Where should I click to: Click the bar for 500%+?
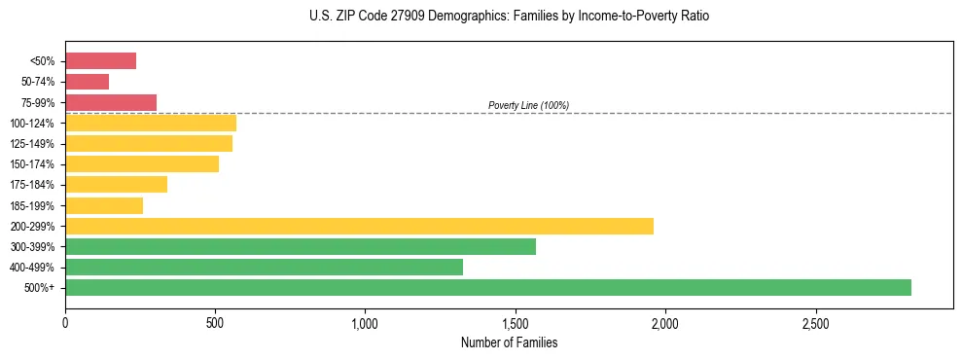[487, 287]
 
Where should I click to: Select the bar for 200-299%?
[359, 226]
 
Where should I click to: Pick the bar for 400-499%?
[264, 267]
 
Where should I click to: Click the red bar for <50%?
[100, 61]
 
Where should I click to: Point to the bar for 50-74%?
[87, 82]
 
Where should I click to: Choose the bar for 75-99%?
[110, 102]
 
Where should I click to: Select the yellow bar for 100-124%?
[150, 123]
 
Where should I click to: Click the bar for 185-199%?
[103, 205]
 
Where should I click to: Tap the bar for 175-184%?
[116, 185]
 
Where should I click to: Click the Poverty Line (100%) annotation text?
[528, 105]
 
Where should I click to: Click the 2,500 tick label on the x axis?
[815, 322]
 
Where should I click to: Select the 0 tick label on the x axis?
[65, 322]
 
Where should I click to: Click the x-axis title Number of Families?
[509, 342]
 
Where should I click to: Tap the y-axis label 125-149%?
[32, 144]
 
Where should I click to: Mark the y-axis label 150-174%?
[32, 164]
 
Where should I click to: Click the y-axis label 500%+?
[39, 288]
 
